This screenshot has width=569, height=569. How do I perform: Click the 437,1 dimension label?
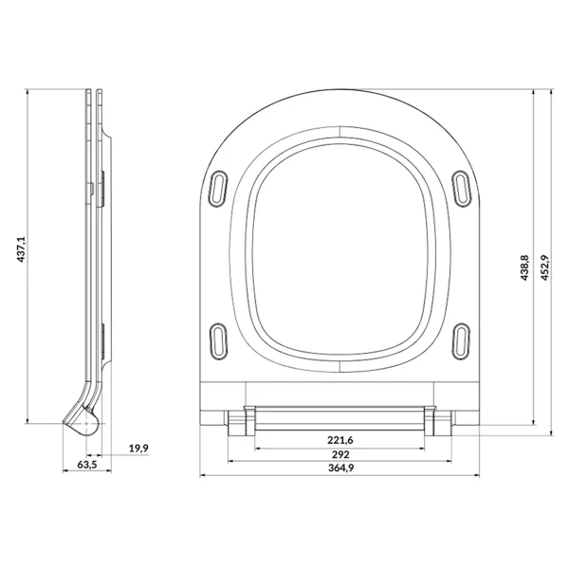pyautogui.click(x=22, y=248)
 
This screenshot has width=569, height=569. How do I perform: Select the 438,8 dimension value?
pyautogui.click(x=524, y=267)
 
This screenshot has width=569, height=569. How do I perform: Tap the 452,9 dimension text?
pyautogui.click(x=544, y=267)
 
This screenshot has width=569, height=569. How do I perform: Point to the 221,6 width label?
pyautogui.click(x=340, y=440)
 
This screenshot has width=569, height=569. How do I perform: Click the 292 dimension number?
pyautogui.click(x=340, y=454)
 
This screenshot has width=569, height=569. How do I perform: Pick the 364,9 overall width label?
pyautogui.click(x=340, y=468)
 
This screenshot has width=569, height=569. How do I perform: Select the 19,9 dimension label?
pyautogui.click(x=138, y=449)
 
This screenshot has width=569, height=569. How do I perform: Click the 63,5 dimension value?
pyautogui.click(x=87, y=465)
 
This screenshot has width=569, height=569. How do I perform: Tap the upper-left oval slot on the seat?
pyautogui.click(x=218, y=189)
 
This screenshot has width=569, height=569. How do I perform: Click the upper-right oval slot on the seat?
pyautogui.click(x=462, y=189)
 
